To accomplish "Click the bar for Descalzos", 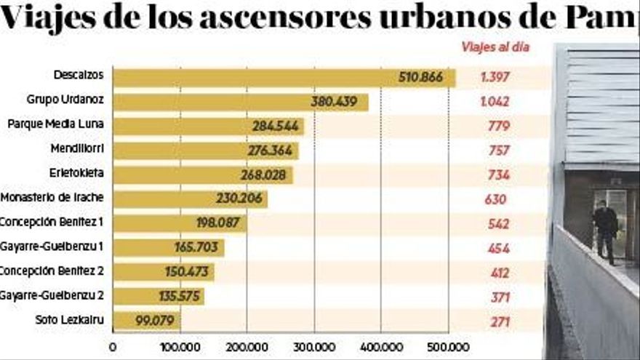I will click(284, 78).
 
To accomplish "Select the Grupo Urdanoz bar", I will click(240, 102).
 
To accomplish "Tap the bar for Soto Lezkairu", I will click(146, 321).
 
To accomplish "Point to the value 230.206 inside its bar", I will click(239, 199).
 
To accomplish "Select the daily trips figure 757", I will click(499, 151).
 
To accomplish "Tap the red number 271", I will click(499, 321).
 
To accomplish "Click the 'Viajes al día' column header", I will click(495, 48).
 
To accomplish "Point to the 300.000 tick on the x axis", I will click(314, 348).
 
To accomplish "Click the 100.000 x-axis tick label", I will click(180, 348).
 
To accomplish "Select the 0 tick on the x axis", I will click(113, 348).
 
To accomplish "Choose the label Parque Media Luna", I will click(55, 124).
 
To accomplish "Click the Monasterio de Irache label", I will click(52, 198).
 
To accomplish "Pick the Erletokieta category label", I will click(75, 174).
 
